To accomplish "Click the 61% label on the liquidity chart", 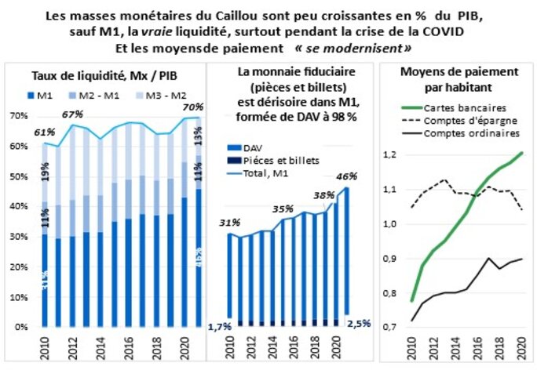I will click(x=45, y=132).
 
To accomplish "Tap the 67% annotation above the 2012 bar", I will click(x=72, y=115).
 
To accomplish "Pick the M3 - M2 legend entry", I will click(x=166, y=96).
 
